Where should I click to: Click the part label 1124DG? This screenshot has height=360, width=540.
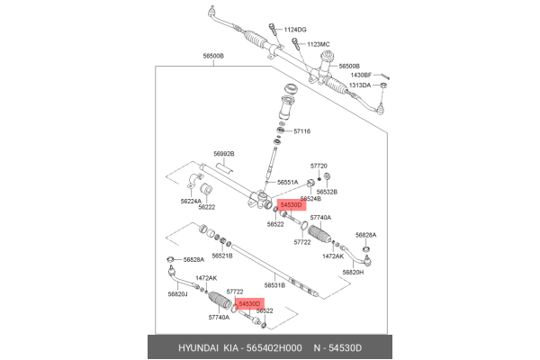click(x=295, y=30)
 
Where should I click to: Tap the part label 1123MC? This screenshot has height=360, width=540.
click(x=319, y=44)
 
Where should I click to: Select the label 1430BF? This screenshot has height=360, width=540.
click(x=361, y=75)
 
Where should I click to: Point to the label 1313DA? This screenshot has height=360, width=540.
click(x=359, y=85)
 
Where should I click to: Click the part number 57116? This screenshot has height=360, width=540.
click(x=301, y=131)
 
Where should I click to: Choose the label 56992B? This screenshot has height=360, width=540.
click(x=224, y=154)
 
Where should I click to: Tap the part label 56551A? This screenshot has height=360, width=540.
click(x=288, y=182)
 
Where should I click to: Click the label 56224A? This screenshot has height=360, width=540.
click(x=191, y=202)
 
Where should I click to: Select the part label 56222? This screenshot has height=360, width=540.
click(x=207, y=207)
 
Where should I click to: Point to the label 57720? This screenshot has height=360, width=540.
click(x=319, y=166)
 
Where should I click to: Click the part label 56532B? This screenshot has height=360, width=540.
click(x=327, y=192)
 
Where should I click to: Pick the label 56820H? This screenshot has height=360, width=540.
click(x=353, y=272)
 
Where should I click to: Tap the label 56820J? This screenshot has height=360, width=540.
click(x=177, y=294)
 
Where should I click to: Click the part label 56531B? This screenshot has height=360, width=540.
click(x=274, y=285)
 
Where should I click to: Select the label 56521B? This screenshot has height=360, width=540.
click(x=222, y=256)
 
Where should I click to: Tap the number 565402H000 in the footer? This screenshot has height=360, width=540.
click(x=274, y=348)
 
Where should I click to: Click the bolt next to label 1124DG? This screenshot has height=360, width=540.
click(x=273, y=29)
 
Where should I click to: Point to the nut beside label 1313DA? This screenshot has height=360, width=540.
click(x=384, y=85)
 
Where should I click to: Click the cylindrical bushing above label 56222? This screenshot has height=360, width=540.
click(x=206, y=189)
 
